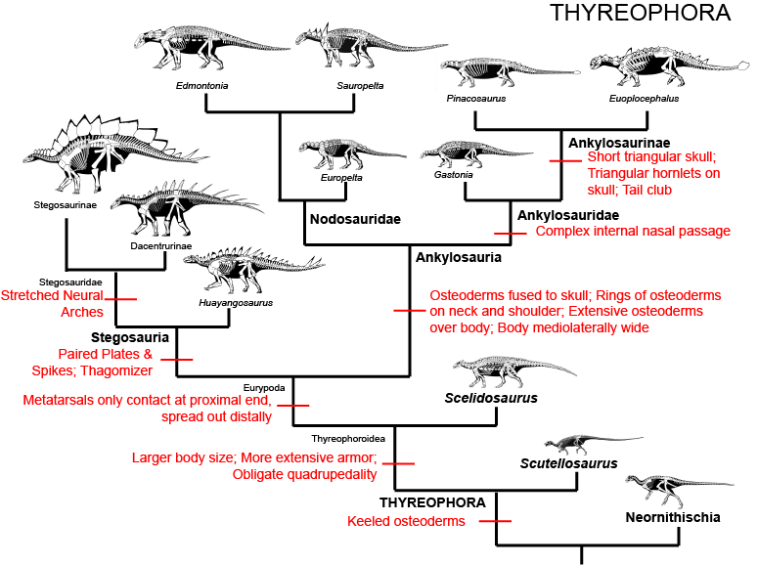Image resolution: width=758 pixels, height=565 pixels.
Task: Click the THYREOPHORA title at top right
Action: click(640, 13)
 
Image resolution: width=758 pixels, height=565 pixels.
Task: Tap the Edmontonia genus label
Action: click(202, 86)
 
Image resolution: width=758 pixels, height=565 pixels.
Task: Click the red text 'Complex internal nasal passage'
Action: click(633, 232)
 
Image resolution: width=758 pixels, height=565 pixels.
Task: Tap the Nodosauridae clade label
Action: click(355, 219)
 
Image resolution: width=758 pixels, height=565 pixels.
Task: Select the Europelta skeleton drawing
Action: click(351, 154)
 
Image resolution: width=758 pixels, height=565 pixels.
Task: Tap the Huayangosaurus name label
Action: click(236, 302)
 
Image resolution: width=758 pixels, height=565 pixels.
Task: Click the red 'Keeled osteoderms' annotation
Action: click(406, 521)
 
